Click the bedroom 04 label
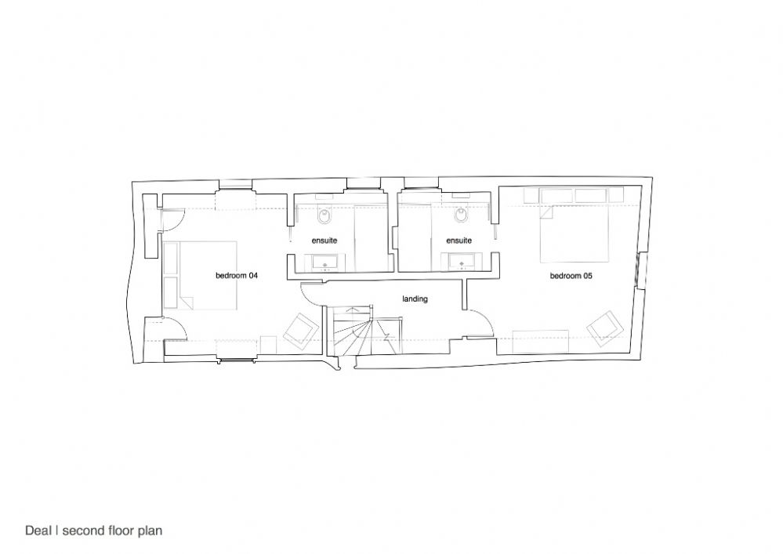click(237, 275)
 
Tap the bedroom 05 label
click(571, 276)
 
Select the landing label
click(415, 299)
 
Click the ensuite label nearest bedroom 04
click(324, 241)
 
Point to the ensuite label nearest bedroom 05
click(459, 241)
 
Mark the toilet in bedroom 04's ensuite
click(324, 215)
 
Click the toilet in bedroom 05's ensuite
click(460, 215)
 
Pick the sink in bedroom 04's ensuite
click(325, 262)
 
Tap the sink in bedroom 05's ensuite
click(462, 261)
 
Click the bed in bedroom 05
click(575, 233)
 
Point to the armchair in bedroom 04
click(302, 330)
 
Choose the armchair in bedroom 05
click(605, 328)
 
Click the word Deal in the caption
click(38, 530)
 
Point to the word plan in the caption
click(150, 531)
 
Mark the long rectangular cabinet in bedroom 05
click(541, 342)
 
